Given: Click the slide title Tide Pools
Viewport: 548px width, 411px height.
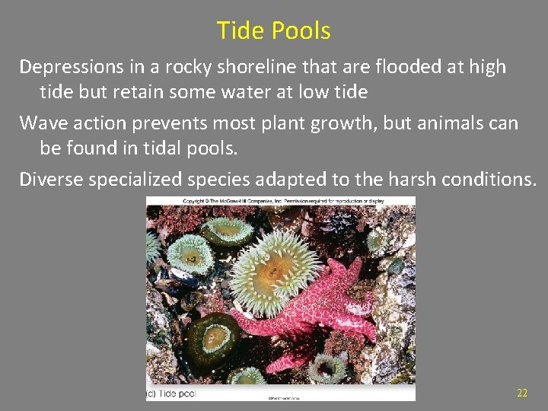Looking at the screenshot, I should pyautogui.click(x=273, y=31).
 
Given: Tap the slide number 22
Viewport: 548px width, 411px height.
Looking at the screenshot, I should pyautogui.click(x=521, y=393).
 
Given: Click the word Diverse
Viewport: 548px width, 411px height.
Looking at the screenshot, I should pyautogui.click(x=51, y=180).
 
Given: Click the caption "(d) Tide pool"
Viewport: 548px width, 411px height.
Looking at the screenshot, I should pyautogui.click(x=171, y=393).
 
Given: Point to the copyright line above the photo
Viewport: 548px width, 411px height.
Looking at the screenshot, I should pyautogui.click(x=280, y=201).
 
